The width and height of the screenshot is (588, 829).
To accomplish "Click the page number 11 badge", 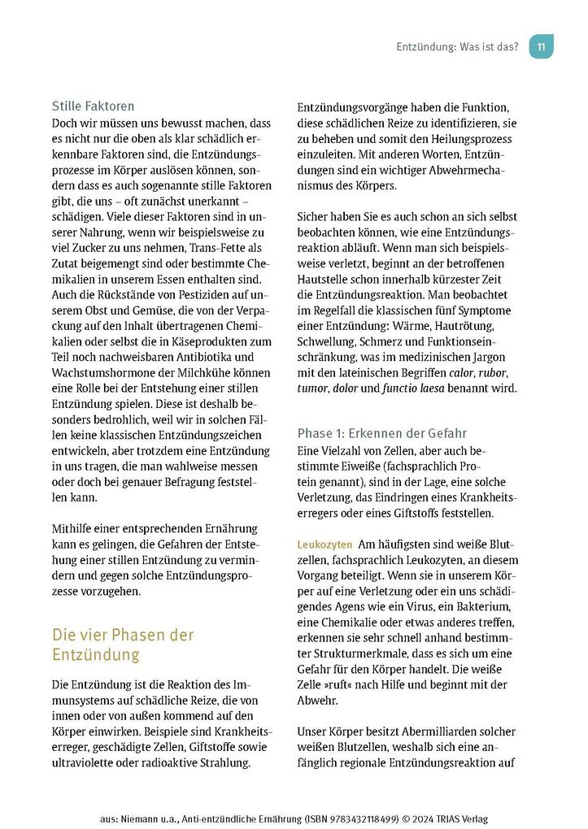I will (541, 46).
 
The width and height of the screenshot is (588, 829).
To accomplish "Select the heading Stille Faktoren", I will (93, 106).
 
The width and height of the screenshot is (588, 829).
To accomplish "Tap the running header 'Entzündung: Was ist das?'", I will (456, 46).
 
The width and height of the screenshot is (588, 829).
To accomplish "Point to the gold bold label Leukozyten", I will (324, 544).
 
